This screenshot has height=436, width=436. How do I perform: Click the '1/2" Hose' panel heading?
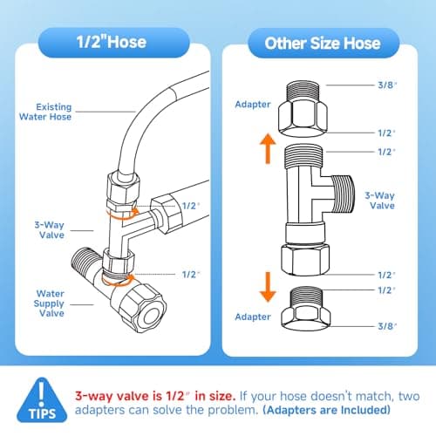112,42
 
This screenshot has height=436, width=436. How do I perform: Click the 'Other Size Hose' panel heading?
323,44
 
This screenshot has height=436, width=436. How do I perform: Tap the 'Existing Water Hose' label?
45,112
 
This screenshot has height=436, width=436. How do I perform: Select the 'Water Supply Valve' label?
49,303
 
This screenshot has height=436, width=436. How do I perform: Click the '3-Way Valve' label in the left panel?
50,230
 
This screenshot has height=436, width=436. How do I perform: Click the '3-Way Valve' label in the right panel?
380,201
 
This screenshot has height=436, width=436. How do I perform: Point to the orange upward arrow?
268,148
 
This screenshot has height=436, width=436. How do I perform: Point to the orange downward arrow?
268,287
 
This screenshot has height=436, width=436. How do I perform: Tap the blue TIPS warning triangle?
42,400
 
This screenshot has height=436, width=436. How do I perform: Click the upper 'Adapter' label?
253,105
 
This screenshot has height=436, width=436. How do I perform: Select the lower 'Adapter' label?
253,317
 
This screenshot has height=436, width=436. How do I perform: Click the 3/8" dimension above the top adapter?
387,85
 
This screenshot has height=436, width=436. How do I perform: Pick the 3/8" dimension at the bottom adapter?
387,326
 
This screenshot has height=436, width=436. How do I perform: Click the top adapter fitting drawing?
303,109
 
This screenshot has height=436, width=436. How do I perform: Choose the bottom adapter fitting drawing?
306,309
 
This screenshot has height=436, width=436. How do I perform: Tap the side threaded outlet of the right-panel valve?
343,194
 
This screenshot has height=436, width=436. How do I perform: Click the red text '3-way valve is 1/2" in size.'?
155,396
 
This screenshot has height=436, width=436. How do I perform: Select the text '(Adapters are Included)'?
327,410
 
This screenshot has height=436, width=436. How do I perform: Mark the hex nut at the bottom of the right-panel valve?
305,259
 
